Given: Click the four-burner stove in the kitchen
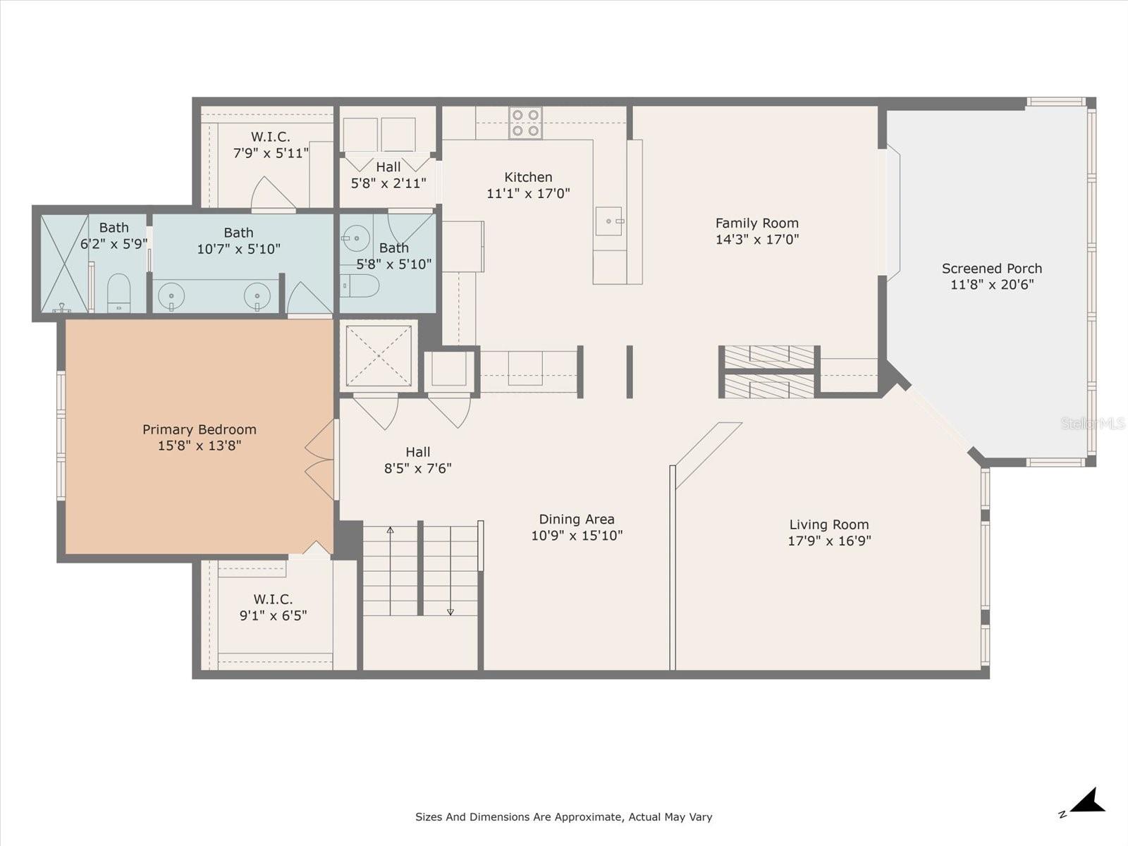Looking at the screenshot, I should (x=525, y=123).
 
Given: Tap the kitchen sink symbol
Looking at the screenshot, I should (x=609, y=221).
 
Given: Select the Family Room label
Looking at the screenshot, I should (x=756, y=223).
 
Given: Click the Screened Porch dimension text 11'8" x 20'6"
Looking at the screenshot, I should (x=991, y=285).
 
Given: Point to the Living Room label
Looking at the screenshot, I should (x=828, y=525).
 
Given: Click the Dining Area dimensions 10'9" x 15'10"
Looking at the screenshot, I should (x=577, y=536).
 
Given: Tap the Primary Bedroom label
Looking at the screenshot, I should (x=199, y=429).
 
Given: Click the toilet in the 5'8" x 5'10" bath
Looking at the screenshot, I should (x=361, y=286).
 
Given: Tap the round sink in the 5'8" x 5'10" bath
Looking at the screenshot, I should (x=357, y=238).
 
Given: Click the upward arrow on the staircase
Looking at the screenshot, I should (x=390, y=530).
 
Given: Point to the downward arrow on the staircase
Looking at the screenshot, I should (x=450, y=611).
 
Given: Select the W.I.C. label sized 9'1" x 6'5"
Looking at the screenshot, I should (x=273, y=599).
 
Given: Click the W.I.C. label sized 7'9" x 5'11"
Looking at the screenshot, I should (x=270, y=137).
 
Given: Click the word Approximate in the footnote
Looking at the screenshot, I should (x=584, y=817).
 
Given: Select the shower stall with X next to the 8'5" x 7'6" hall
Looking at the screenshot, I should (x=379, y=355).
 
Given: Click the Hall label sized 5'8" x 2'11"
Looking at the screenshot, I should (x=388, y=167).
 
